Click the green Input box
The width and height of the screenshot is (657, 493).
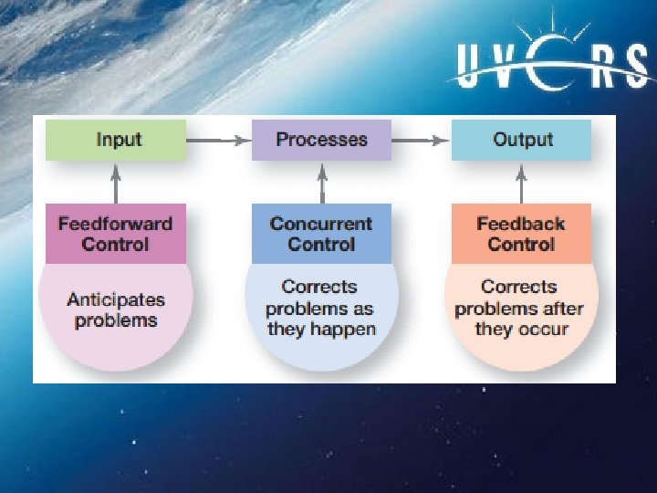pos(118,140)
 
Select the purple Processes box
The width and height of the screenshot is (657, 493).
pos(321,140)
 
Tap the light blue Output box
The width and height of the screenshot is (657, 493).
pos(522,140)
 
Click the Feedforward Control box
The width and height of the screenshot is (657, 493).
pos(115,234)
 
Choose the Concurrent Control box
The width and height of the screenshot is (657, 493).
pos(321,234)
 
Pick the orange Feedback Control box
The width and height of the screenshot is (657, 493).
pos(521,234)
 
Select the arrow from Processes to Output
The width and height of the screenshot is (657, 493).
pos(422,140)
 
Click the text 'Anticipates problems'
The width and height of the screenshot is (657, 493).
pos(116,309)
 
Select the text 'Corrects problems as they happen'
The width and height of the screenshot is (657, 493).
pos(321,309)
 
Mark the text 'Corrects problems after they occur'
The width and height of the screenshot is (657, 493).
pos(521,309)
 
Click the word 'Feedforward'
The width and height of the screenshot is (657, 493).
pos(115,224)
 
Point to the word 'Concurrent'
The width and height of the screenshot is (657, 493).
pos(321,224)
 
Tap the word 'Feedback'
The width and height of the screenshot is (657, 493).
pos(521,224)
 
